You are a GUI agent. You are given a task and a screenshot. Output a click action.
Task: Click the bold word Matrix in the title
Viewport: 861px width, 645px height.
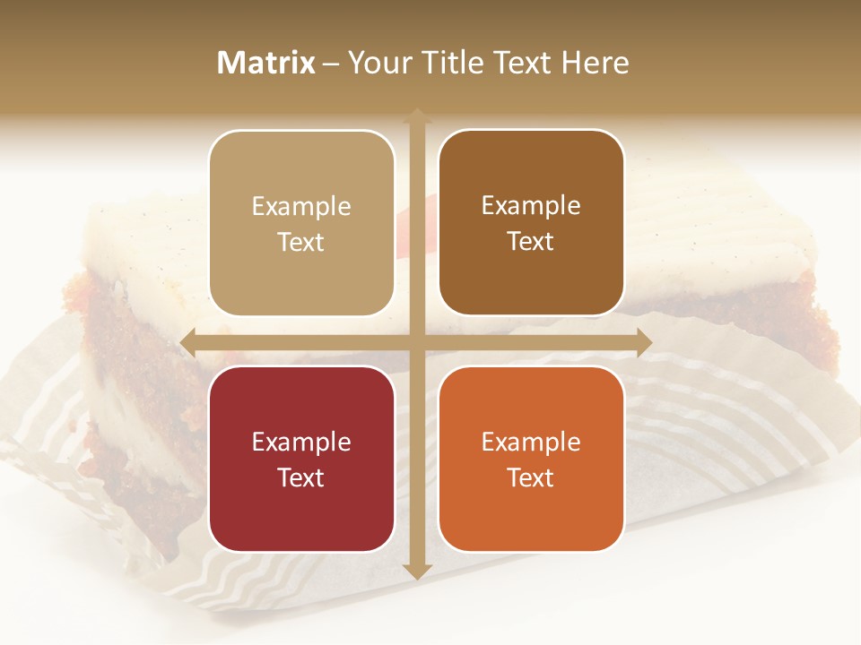click(x=266, y=63)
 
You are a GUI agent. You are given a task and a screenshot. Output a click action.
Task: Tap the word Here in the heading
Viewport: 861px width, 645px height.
click(x=595, y=63)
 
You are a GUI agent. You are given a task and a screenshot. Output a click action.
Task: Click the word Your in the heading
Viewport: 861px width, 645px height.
click(x=377, y=63)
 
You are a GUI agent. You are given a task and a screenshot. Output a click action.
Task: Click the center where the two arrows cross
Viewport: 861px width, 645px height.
click(x=416, y=342)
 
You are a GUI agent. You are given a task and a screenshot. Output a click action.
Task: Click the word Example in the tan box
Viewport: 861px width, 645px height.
click(x=301, y=207)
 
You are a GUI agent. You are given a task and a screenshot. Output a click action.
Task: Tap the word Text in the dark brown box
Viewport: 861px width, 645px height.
click(x=531, y=242)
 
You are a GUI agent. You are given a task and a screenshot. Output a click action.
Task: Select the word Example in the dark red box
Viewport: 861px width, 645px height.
click(x=301, y=443)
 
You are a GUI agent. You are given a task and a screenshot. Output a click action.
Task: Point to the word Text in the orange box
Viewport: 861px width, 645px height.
click(x=531, y=477)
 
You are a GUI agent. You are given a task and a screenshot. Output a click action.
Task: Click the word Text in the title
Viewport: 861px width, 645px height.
click(x=523, y=63)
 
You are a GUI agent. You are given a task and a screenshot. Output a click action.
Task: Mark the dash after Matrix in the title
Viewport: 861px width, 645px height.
click(x=331, y=64)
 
